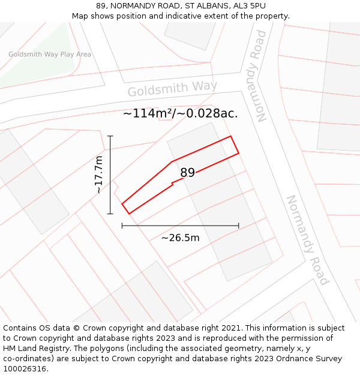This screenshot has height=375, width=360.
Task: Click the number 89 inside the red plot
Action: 187,173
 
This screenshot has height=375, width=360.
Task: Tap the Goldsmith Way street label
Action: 172,89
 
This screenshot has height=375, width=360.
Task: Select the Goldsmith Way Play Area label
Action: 50,55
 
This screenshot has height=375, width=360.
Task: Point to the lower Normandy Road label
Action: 307,240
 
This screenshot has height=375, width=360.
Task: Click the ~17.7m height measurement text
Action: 99,175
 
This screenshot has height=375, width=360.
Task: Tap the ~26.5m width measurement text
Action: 180,238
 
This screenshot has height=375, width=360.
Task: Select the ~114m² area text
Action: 148,113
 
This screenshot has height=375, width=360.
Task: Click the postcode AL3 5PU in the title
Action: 249,6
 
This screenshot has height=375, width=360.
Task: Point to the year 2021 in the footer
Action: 230,328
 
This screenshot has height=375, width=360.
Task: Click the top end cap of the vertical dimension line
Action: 110,136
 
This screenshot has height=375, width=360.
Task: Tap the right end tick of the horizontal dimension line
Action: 239,226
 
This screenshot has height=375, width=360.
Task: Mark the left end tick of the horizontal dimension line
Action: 122,226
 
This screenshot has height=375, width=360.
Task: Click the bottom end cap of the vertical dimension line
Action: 110,214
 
